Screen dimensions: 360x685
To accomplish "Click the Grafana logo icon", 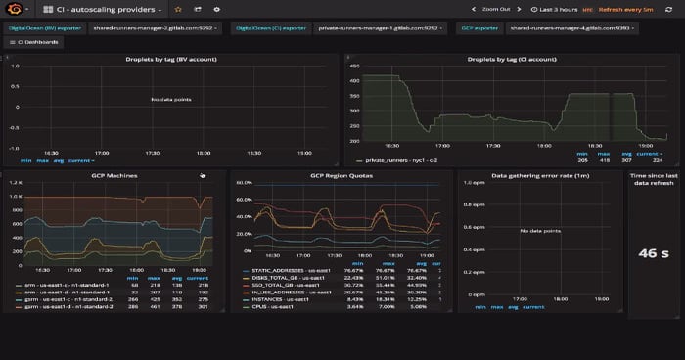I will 15,9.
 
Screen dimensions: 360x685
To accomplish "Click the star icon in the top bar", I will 177,9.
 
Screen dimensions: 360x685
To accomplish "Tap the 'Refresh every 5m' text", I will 626,9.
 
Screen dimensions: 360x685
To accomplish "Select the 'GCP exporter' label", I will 479,28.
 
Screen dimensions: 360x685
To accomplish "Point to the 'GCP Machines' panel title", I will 114,175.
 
